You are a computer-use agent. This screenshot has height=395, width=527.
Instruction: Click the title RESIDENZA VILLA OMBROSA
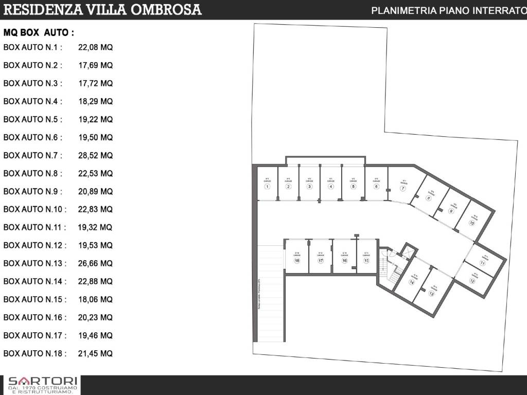[102, 9]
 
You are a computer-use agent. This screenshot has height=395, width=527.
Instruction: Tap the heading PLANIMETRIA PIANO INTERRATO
[448, 10]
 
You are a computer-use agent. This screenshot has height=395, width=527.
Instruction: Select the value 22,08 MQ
[95, 47]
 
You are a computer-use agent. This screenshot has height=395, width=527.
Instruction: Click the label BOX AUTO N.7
[33, 155]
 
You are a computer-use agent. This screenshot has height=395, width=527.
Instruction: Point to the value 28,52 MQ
[95, 155]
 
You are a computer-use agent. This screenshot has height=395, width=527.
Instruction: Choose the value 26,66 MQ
[95, 263]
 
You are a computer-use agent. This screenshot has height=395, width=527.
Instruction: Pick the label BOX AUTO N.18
[35, 353]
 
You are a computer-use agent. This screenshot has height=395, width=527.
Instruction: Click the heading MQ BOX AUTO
[39, 32]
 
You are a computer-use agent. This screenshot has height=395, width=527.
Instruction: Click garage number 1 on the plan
[267, 187]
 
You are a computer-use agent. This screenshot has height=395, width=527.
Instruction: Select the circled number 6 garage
[376, 187]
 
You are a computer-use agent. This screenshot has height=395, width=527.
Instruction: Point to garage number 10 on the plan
[471, 223]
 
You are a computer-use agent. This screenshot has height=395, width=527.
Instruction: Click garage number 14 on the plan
[412, 282]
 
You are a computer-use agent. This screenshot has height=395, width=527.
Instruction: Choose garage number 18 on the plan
[297, 261]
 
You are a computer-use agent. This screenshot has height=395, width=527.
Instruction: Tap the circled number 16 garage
[344, 261]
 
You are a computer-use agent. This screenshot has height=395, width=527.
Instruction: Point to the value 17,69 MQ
[95, 65]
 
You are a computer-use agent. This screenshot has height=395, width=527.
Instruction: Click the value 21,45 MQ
[95, 353]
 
